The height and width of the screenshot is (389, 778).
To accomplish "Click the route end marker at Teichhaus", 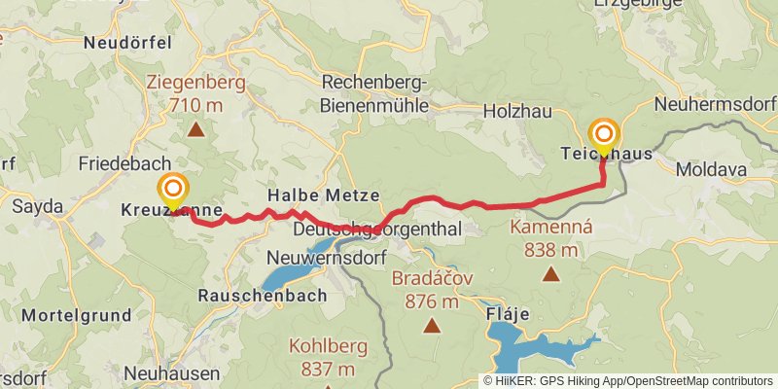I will pos(604,135).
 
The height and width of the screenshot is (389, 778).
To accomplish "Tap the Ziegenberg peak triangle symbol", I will pos(196,128).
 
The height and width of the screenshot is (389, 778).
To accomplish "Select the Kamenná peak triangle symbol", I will pos(551,274).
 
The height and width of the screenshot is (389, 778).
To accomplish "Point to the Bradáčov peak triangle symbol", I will pos(431,326).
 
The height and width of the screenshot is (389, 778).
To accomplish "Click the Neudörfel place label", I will pos(127,43).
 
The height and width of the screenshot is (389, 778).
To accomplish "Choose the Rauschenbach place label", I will pos(261,294).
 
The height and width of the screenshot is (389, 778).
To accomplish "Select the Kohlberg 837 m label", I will pos(322,357).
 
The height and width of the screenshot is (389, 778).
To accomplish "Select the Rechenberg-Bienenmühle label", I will pos(376,92).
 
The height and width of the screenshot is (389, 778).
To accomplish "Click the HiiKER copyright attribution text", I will pos(628,381).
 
